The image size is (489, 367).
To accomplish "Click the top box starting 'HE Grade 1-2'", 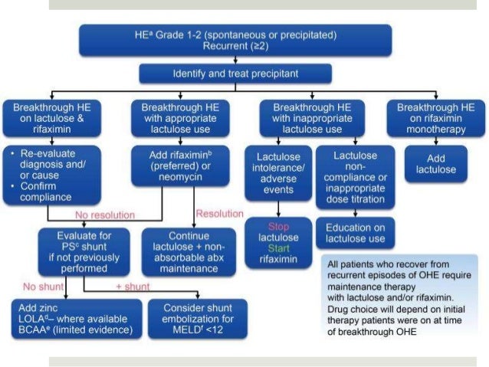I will (x=245, y=41).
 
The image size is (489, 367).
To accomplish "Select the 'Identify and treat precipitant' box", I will (x=235, y=74).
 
